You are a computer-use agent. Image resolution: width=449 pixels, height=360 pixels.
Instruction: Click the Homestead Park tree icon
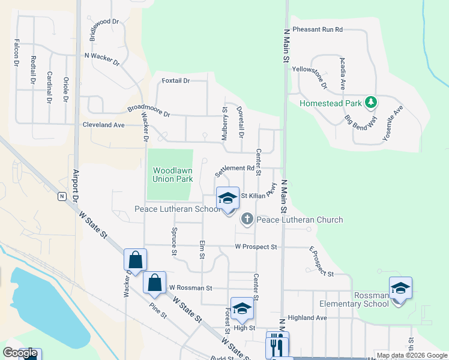coord(371,103)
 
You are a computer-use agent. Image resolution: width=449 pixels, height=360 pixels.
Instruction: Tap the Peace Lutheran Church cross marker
coord(247,220)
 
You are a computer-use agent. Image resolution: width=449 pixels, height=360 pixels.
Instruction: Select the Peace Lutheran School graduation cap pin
coord(228,199)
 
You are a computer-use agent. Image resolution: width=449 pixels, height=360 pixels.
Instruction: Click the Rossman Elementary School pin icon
coord(400,289)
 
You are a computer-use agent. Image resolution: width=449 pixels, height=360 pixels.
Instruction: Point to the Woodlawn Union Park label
coord(172,175)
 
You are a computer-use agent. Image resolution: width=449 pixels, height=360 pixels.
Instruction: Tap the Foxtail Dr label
coord(176,80)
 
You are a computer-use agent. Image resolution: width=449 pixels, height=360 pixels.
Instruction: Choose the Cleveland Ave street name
coord(103,125)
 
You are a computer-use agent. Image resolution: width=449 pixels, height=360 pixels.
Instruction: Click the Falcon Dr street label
coord(16,53)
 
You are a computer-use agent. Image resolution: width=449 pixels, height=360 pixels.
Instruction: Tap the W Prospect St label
coord(256,247)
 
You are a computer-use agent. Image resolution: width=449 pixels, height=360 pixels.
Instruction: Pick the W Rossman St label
coord(191,288)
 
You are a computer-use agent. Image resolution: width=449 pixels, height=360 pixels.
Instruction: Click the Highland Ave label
coord(307,317)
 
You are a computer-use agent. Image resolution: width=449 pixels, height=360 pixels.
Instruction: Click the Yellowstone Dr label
coord(317,77)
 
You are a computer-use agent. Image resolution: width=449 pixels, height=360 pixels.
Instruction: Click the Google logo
coord(20,353)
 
